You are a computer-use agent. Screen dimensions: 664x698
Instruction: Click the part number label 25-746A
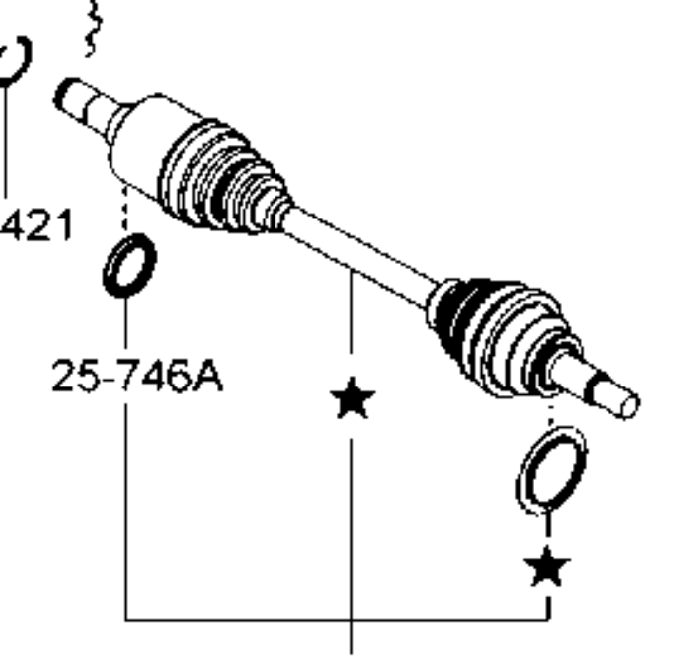point(137,378)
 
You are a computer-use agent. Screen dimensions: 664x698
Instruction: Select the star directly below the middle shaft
point(352,399)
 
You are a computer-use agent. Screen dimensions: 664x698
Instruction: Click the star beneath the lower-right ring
point(548,566)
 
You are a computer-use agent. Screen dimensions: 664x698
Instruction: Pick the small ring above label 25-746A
point(130,265)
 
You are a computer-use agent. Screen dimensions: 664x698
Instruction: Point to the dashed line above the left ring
point(125,209)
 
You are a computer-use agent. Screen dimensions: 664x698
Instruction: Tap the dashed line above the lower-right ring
point(551,418)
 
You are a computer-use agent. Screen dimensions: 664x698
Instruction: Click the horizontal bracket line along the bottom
point(335,619)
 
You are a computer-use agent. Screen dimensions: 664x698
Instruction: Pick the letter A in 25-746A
point(207,378)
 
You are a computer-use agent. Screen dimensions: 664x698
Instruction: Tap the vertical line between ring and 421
point(7,140)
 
